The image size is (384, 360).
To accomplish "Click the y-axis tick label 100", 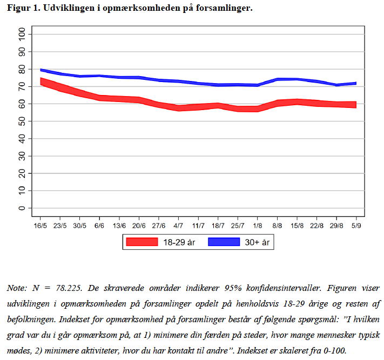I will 21,35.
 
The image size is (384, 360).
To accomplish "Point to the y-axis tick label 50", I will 21,121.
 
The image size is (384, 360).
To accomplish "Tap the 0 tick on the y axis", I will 21,208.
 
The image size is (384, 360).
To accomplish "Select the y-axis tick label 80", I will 21,70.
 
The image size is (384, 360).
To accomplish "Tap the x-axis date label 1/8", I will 258,225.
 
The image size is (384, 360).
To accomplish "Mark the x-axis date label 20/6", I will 139,225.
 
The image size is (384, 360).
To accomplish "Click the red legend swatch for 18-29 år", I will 142,242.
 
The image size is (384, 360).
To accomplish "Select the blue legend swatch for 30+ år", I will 223,242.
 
